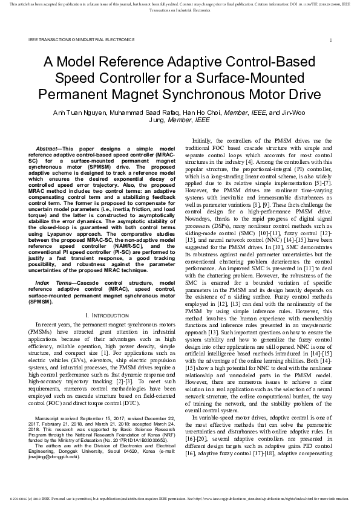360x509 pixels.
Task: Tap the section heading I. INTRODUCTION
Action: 97,315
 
